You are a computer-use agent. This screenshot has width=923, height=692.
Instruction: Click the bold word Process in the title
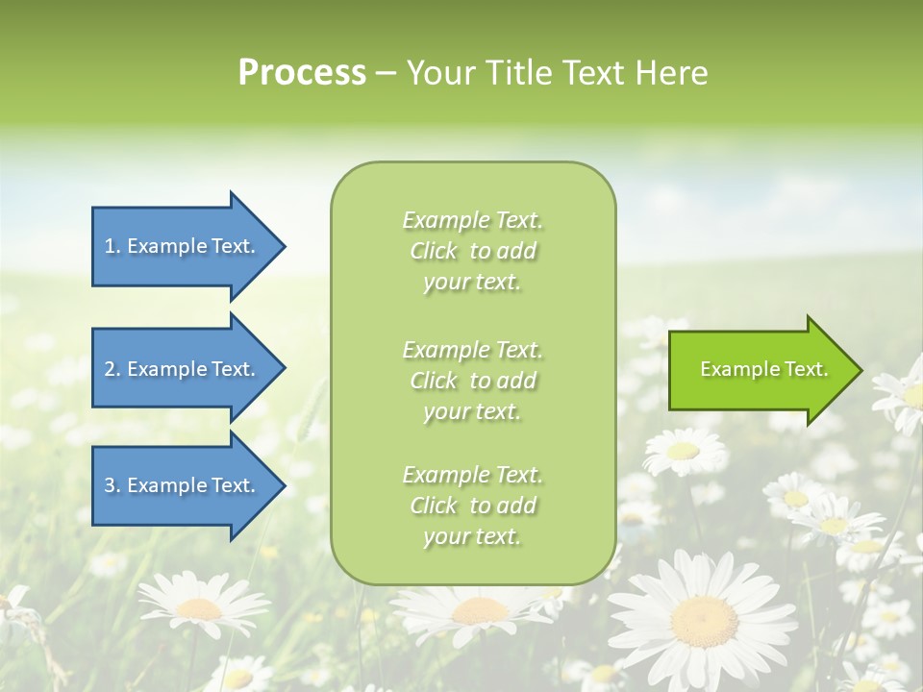[x=302, y=73]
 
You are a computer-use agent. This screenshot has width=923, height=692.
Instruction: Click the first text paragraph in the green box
[x=472, y=251]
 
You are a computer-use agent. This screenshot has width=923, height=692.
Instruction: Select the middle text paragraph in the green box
[x=472, y=380]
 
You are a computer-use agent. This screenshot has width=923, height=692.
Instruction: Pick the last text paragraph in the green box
[x=472, y=506]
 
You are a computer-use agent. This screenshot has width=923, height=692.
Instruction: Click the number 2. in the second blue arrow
[x=112, y=369]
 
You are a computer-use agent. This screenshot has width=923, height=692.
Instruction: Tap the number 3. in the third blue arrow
[x=112, y=485]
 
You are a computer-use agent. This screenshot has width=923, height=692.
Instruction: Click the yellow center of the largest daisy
[x=705, y=611]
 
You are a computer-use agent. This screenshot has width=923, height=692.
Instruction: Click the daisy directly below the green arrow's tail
[x=684, y=451]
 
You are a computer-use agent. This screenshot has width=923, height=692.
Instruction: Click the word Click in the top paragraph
[x=434, y=251]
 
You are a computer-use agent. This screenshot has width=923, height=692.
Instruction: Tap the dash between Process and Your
[x=386, y=73]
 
